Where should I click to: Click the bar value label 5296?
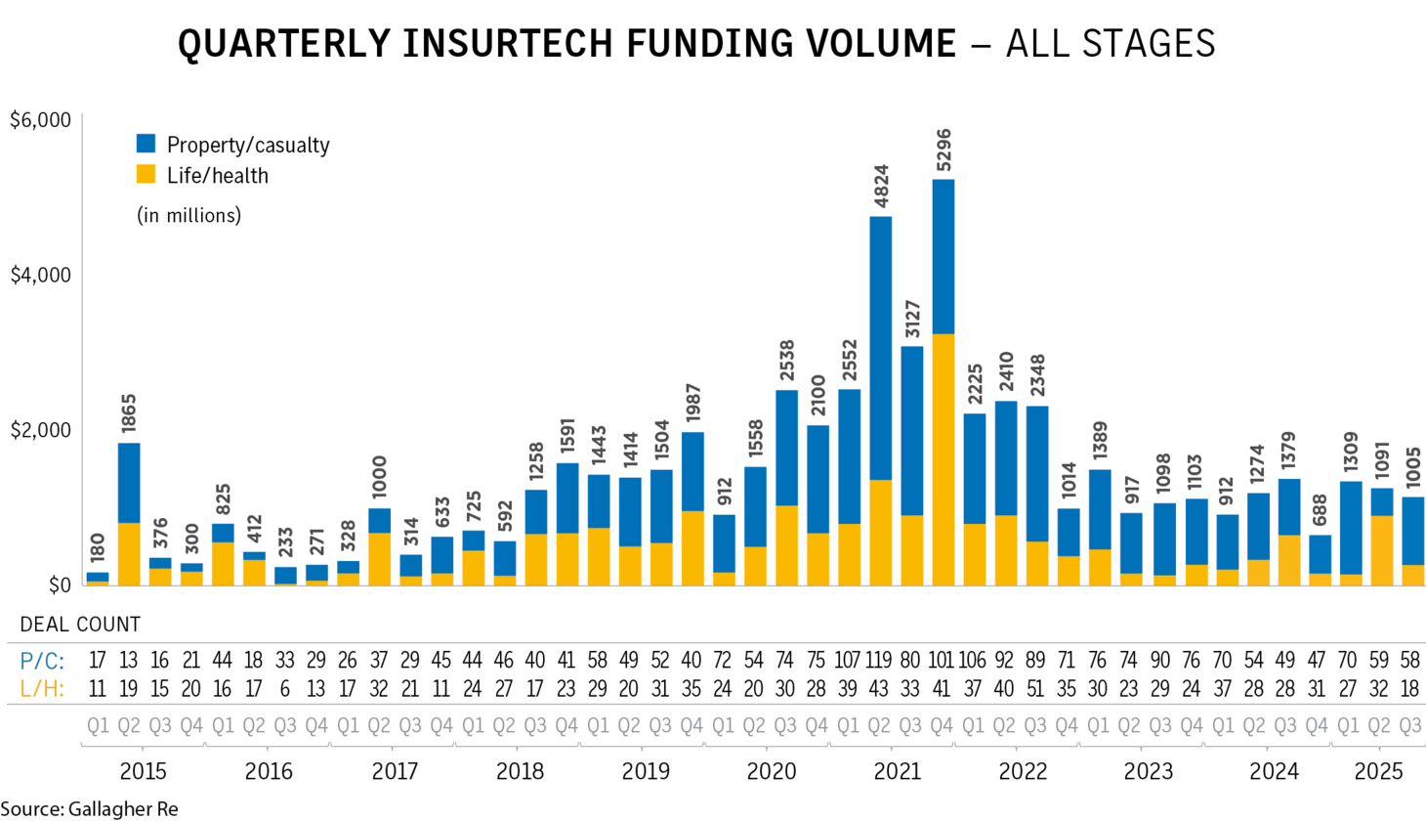(x=943, y=149)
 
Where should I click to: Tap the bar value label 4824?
(x=880, y=187)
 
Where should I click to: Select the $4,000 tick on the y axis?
(x=40, y=276)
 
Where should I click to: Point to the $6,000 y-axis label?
(x=40, y=120)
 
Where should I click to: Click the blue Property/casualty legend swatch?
(x=146, y=144)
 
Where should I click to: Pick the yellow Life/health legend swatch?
(x=146, y=175)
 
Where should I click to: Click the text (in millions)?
(x=189, y=215)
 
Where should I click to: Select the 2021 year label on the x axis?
(x=897, y=771)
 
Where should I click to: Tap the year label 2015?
(x=143, y=771)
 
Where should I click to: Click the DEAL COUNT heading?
(x=80, y=625)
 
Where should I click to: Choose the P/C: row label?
(x=42, y=661)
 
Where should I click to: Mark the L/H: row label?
(x=42, y=689)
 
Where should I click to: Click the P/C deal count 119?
(x=880, y=661)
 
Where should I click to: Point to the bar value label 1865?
(x=128, y=414)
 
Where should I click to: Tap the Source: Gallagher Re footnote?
(x=89, y=808)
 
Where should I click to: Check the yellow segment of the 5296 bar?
(x=943, y=459)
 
